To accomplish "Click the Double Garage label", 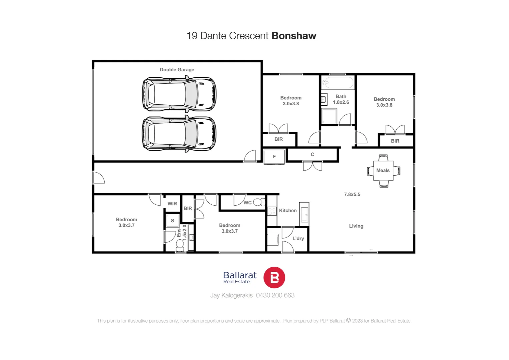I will coord(177,70).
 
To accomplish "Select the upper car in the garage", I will coord(179,94).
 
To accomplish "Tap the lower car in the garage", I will coord(179,133).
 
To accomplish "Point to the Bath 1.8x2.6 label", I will coord(341,99).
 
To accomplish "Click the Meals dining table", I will coord(383,171).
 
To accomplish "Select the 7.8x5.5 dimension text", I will coord(352,194).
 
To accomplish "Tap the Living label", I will coord(356,226).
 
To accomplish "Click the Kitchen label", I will coord(288,211).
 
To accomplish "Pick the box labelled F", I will coord(274,157).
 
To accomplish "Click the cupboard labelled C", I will coord(312,155).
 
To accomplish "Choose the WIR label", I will coord(172,204).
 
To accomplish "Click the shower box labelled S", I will coord(173,221).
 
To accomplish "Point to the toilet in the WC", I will coord(259,202).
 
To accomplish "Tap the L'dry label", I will coord(298,239).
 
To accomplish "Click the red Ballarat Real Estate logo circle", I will coord(274,277).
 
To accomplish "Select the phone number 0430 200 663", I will coord(275,295).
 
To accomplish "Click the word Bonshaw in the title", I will coord(294,36).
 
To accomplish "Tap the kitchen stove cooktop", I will coord(272,211).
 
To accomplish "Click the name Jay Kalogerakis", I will coord(231,295).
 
